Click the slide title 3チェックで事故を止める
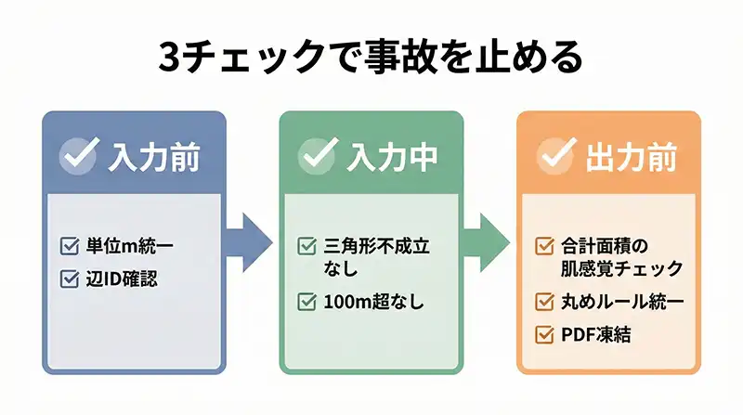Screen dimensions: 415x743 pos(371,58)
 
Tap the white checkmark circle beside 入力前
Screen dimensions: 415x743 pos(79,156)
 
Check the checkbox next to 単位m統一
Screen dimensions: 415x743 pos(69,246)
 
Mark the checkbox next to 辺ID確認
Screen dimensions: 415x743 pos(69,278)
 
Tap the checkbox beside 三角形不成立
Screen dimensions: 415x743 pos(307,246)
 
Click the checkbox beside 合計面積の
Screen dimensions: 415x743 pos(545,246)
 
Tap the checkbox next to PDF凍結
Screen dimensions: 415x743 pos(545,333)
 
